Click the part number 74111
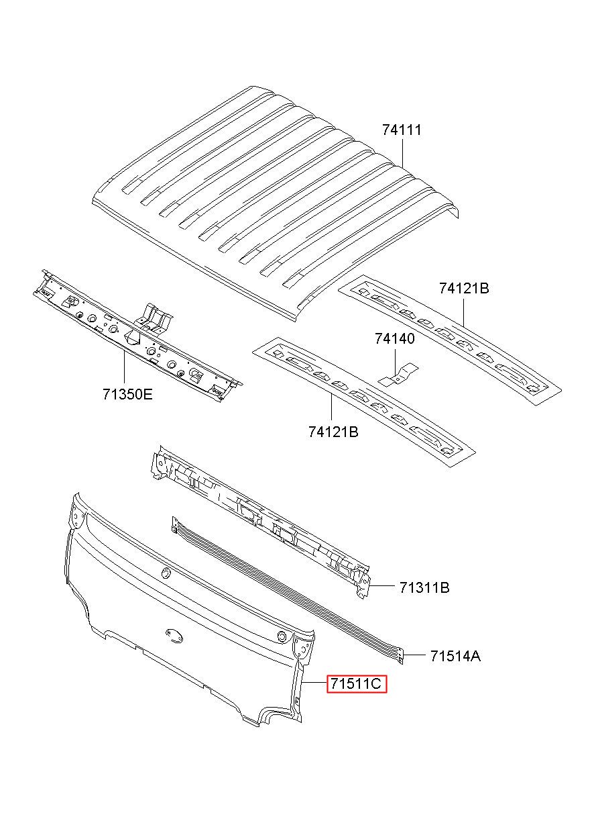[402, 130]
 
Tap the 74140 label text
[394, 339]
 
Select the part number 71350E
[127, 394]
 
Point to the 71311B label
[424, 588]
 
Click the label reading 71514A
[455, 656]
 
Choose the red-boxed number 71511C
[356, 684]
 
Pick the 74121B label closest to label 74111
[464, 289]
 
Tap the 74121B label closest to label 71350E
[333, 432]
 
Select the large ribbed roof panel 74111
[268, 195]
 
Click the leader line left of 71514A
[414, 654]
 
